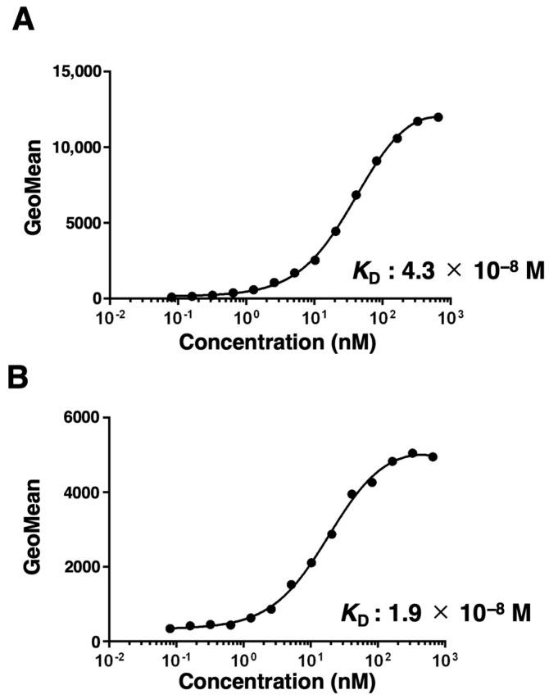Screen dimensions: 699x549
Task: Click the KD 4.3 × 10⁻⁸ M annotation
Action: (x=447, y=270)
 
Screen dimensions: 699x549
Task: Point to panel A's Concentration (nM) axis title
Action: (x=277, y=342)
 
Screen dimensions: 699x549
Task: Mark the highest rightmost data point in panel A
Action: (x=438, y=117)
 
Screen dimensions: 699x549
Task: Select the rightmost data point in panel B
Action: (x=433, y=456)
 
